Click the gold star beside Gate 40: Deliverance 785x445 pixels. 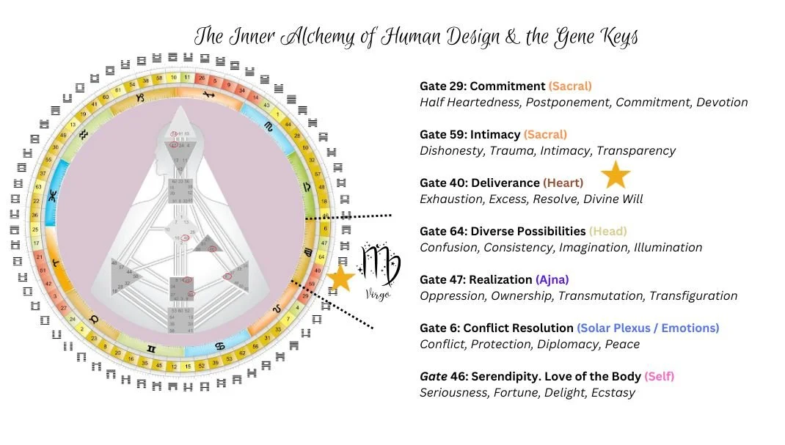tap(616, 175)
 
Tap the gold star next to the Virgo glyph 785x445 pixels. tap(341, 278)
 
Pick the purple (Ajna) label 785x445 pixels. tap(552, 279)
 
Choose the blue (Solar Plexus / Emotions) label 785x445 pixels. tap(648, 328)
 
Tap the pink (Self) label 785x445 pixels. tap(660, 376)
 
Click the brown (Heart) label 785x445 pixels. tap(563, 183)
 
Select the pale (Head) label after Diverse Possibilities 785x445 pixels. tap(608, 231)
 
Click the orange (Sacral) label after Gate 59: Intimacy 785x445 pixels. tap(545, 134)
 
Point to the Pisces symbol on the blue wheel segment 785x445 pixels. tap(52, 197)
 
